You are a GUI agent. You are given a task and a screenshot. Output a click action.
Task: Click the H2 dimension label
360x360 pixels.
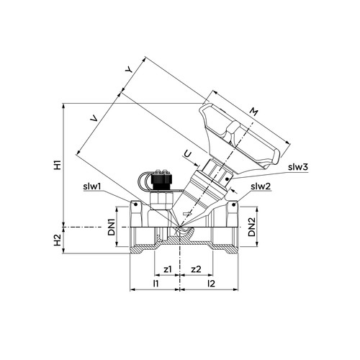[58, 240]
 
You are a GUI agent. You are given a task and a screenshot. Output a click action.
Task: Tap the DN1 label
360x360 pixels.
[112, 227]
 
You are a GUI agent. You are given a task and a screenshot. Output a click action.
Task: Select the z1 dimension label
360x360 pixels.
[168, 269]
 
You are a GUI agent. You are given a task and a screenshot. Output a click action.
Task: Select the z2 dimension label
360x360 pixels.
[196, 269]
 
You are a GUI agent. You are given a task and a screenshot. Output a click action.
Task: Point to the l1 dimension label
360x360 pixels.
[156, 284]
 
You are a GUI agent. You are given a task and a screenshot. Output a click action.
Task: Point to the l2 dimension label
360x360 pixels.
[211, 284]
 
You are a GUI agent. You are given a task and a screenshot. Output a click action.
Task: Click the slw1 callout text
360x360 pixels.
[93, 186]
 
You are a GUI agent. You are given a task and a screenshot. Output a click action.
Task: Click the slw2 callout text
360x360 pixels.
[261, 186]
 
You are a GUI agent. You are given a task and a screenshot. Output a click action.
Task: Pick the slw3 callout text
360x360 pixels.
[297, 167]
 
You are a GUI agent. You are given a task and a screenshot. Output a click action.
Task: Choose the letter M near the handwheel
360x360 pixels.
[253, 112]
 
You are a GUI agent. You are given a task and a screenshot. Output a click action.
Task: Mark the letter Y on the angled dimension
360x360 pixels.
[130, 70]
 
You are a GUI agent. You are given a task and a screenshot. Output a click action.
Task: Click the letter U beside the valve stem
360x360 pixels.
[189, 154]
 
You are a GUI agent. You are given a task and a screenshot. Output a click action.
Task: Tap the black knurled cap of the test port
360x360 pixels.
[161, 179]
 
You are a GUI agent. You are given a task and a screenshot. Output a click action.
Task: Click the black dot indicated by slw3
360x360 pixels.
[228, 179]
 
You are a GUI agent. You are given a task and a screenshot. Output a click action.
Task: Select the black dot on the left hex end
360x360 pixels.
[135, 204]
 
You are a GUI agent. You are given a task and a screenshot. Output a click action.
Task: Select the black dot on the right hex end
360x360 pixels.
[233, 204]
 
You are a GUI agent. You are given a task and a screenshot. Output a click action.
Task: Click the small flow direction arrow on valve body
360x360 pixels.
[187, 213]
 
